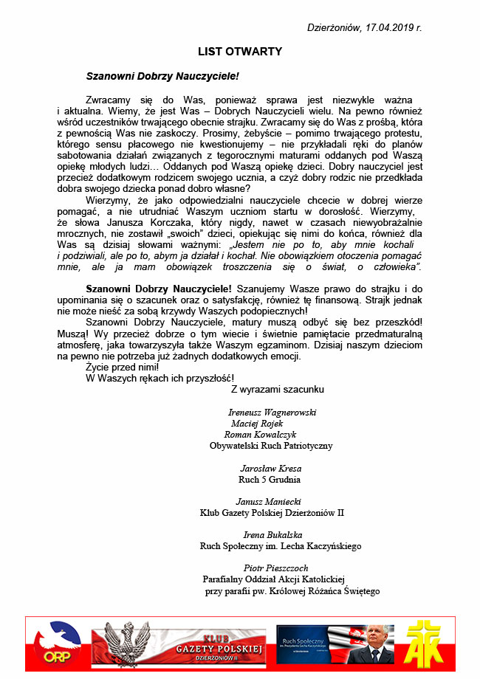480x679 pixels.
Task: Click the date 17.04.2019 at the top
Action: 390,28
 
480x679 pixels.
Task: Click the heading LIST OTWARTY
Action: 240,52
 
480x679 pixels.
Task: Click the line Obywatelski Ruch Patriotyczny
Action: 271,446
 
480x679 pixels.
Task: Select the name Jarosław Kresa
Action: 271,468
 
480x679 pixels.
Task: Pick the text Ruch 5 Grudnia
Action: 270,479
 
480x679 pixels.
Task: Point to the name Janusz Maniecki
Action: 271,501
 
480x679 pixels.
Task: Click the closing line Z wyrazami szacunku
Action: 278,388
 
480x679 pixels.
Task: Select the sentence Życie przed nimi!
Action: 122,366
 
